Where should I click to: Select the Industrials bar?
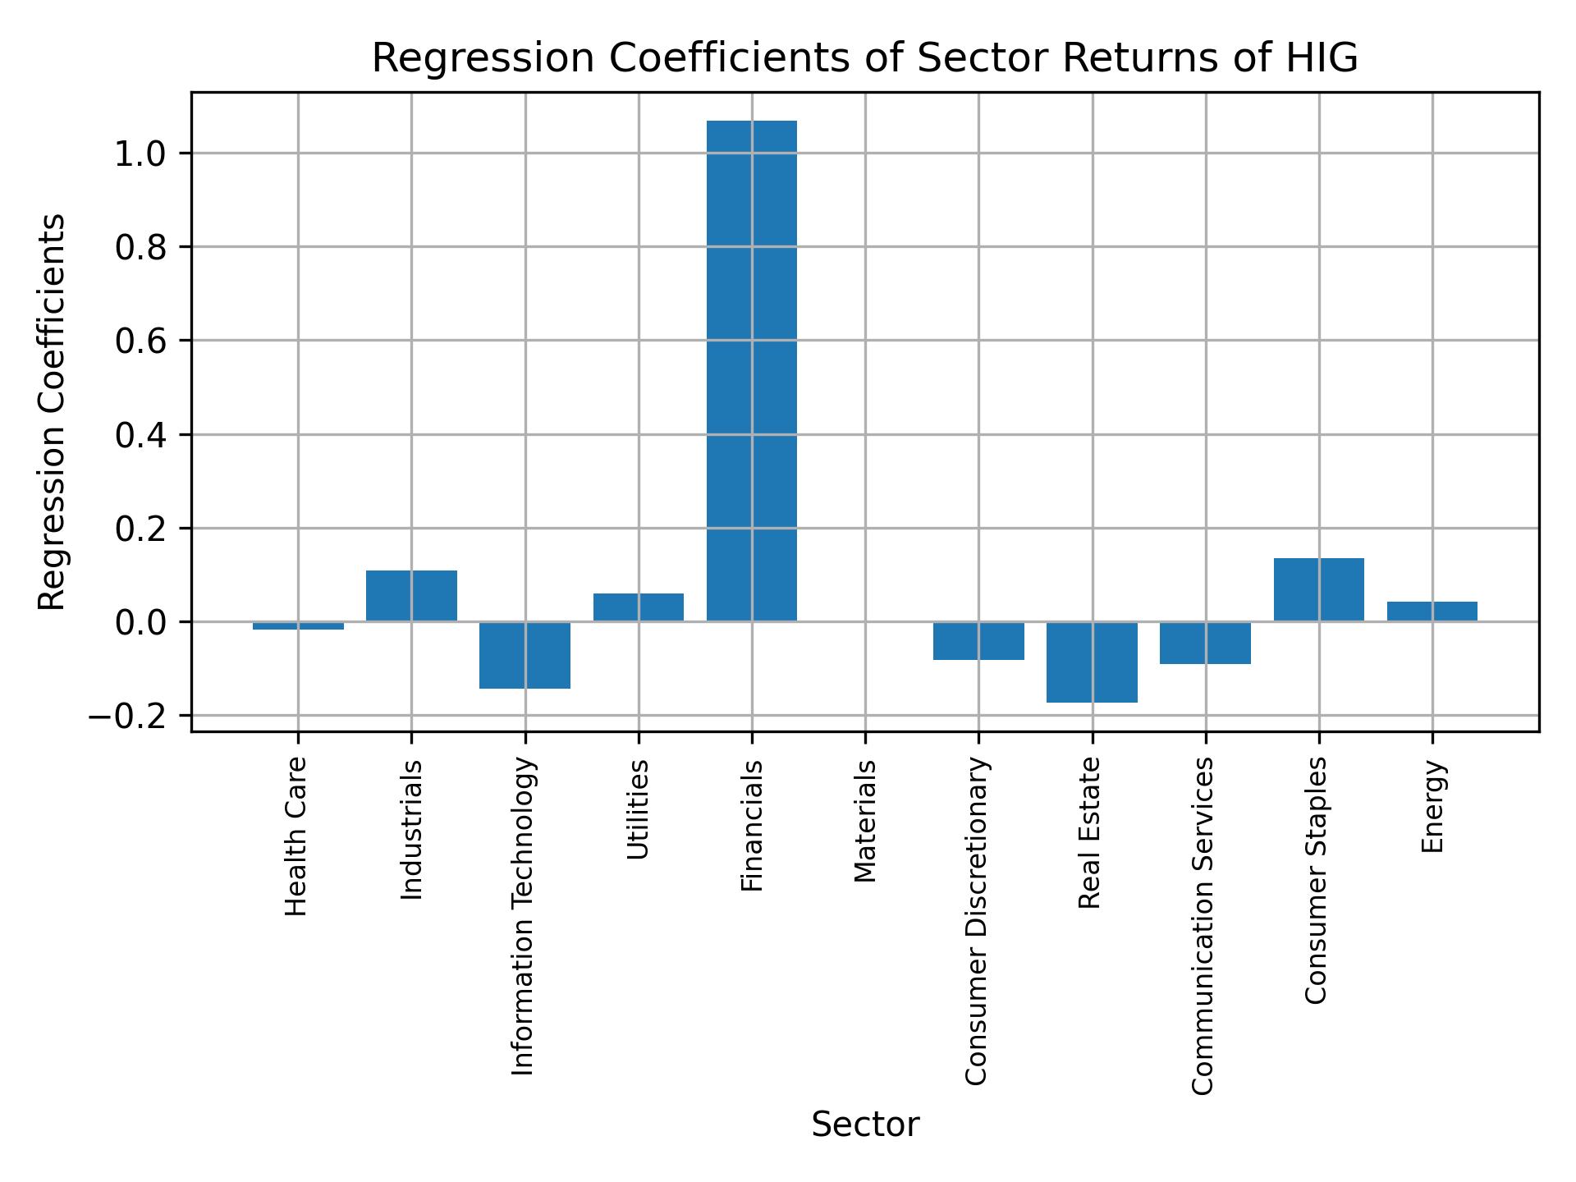411,596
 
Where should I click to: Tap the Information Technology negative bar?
525,655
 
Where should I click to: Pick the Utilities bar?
638,607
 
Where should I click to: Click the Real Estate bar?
1092,662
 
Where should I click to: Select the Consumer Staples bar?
1318,590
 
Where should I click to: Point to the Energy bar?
1432,612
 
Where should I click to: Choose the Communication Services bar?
1205,643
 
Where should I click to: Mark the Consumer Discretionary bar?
978,641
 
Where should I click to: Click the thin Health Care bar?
298,625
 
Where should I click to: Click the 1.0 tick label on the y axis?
141,153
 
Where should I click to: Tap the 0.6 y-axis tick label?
141,341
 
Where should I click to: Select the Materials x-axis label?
865,821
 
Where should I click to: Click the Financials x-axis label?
752,825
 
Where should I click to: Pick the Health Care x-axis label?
296,836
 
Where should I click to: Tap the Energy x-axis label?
1432,806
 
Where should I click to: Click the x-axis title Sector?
865,1125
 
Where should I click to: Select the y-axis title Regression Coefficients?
53,411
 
